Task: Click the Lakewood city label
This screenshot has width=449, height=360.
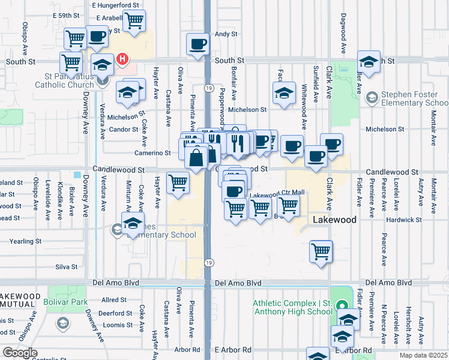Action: (334, 220)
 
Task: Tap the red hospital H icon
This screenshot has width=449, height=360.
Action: (122, 59)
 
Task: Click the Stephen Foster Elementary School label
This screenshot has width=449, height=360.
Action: (414, 98)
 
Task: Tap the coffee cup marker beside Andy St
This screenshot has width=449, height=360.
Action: (198, 44)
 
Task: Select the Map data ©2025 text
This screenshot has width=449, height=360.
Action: (424, 355)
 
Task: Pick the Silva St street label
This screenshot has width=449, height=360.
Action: (67, 266)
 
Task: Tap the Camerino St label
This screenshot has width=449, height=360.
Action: (152, 153)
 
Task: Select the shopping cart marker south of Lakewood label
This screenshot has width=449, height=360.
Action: (321, 251)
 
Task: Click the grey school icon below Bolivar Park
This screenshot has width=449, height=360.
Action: (62, 324)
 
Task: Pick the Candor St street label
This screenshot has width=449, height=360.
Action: (124, 130)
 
